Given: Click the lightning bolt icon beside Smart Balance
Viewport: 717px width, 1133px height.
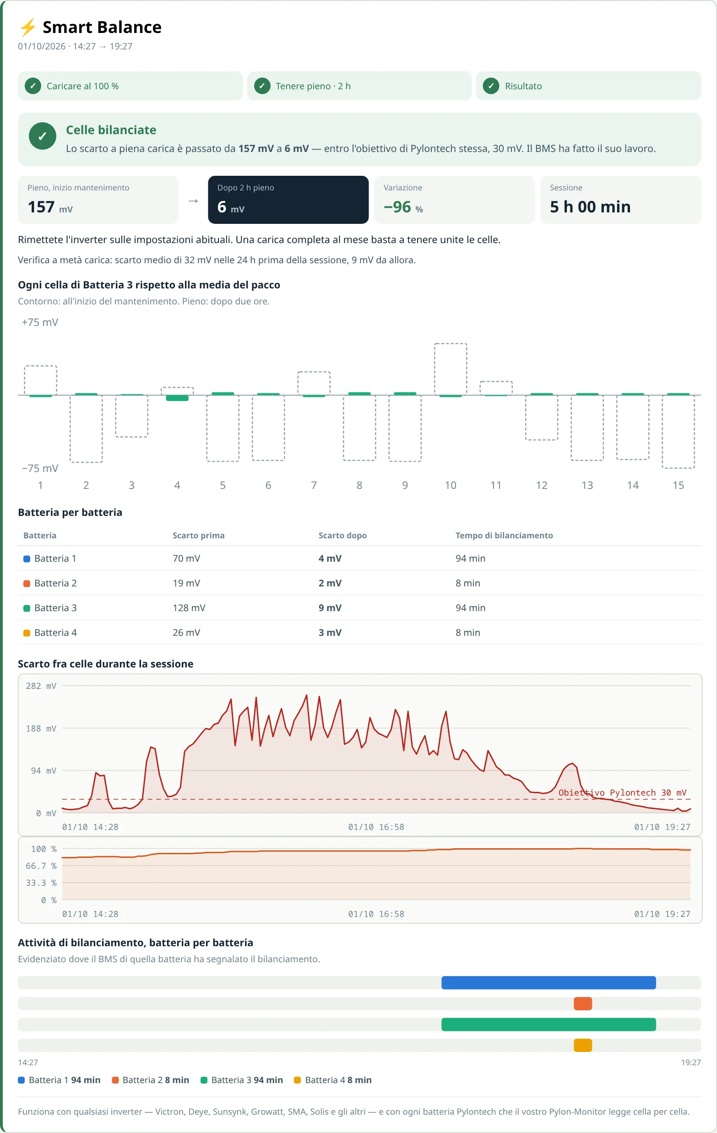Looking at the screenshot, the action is (x=28, y=27).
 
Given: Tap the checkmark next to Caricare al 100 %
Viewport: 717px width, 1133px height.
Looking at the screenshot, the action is (x=33, y=86).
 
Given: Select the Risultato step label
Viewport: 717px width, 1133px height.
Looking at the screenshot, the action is (x=523, y=86).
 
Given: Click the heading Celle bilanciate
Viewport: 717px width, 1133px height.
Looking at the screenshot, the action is (x=111, y=130).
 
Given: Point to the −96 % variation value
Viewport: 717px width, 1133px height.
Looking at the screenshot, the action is (x=403, y=207).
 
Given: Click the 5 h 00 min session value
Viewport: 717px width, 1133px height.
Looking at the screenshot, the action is (x=590, y=207).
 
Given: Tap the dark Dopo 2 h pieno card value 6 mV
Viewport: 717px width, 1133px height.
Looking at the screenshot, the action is (x=231, y=207).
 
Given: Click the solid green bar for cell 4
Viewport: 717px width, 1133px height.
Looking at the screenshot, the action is (x=177, y=398).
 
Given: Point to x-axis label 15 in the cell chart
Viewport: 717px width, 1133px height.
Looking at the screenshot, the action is (x=678, y=485).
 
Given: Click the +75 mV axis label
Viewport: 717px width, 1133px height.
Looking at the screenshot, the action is (x=40, y=322).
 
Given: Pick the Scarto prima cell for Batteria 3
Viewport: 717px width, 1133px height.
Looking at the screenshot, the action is (x=189, y=608).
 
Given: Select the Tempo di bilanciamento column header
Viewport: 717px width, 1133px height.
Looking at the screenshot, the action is (x=504, y=536).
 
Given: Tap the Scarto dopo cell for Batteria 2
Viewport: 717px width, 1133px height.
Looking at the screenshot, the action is (x=330, y=583).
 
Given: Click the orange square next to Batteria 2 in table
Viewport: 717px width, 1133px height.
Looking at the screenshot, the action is (x=27, y=584).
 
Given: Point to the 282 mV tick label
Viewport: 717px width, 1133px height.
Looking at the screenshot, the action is (x=41, y=686).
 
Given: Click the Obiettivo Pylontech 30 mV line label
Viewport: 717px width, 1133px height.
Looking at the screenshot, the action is (x=622, y=793).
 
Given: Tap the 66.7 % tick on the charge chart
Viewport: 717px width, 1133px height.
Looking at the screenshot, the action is (x=41, y=866).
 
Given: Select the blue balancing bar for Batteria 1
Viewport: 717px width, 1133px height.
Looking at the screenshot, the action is (x=549, y=982).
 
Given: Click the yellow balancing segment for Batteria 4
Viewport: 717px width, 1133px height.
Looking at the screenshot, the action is (x=583, y=1046).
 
